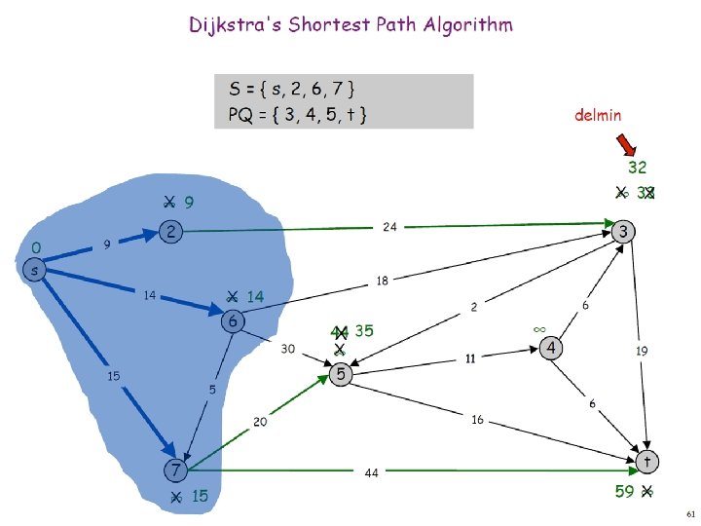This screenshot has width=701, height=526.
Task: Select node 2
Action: pos(170,232)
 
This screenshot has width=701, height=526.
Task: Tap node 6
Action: pos(234,320)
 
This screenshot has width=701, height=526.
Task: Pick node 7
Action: pos(175,470)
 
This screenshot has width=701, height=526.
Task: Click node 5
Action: pos(341,374)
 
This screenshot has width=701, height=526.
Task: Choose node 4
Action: pos(551,348)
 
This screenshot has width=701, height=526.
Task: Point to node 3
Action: pos(624,231)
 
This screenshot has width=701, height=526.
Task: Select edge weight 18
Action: pos(384,281)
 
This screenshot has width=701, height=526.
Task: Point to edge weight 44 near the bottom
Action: pos(371,472)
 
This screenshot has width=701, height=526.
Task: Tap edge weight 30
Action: pos(289,347)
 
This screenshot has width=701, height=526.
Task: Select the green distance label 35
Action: pos(364,330)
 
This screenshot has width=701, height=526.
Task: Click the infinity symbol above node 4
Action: pos(538,329)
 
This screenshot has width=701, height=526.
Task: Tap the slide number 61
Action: pos(690,512)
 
